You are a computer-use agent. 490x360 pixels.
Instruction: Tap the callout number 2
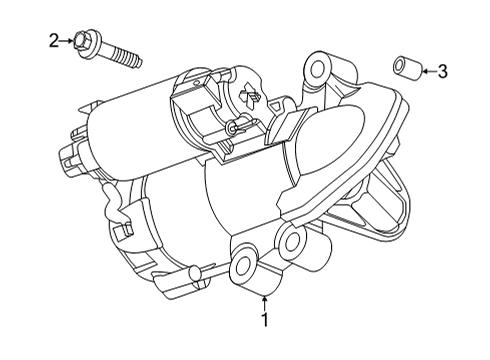pyautogui.click(x=53, y=40)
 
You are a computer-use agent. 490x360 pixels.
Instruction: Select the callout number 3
pyautogui.click(x=443, y=70)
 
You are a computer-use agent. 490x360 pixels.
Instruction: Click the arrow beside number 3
pyautogui.click(x=427, y=70)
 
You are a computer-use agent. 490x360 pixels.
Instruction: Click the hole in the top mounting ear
pyautogui.click(x=319, y=69)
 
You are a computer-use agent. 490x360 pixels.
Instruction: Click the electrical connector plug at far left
pyautogui.click(x=71, y=155)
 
